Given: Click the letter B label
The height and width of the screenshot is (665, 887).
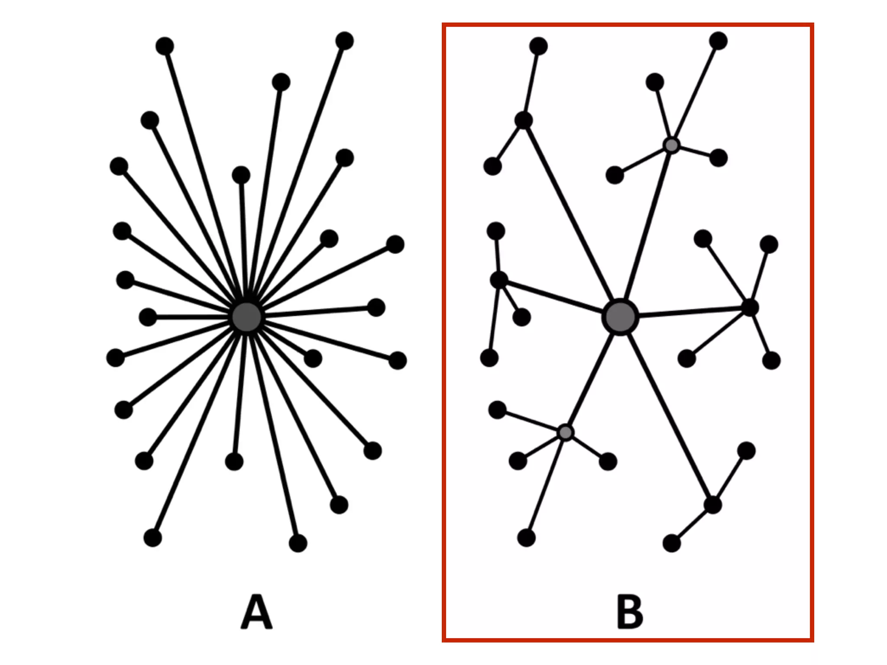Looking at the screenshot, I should click(x=629, y=612).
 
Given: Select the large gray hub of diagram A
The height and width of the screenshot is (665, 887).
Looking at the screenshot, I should click(x=246, y=317).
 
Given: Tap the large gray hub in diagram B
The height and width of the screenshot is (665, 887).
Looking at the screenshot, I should click(x=620, y=317).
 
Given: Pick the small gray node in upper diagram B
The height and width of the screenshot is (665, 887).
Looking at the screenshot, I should click(x=671, y=145).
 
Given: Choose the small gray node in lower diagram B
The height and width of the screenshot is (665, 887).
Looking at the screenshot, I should click(x=565, y=432).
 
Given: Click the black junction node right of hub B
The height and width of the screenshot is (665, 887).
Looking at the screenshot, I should click(x=750, y=307).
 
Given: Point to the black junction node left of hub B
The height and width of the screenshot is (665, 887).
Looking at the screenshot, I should click(x=499, y=280).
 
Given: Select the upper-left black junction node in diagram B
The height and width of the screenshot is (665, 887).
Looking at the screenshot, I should click(x=524, y=120).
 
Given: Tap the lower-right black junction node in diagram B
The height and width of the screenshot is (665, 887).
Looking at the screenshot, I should click(x=712, y=505).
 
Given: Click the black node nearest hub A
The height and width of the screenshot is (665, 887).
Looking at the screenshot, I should click(x=313, y=358).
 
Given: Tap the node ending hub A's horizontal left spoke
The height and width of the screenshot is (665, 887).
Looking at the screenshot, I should click(x=148, y=317).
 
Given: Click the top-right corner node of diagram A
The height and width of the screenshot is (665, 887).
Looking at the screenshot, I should click(x=344, y=41).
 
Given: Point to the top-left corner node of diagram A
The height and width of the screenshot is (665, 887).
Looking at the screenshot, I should click(x=165, y=46).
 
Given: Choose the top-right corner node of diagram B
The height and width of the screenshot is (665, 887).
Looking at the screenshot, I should click(x=718, y=41).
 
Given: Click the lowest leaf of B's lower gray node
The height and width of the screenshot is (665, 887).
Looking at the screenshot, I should click(x=526, y=538).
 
